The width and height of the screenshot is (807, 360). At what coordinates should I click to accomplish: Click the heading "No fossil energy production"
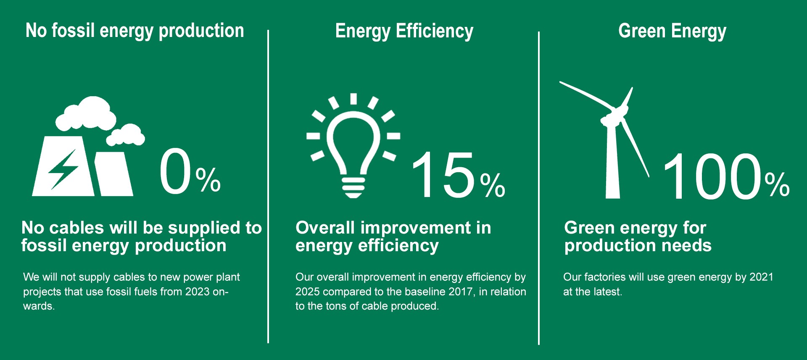tap(135, 31)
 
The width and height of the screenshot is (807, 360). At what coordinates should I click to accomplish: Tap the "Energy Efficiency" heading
tap(404, 31)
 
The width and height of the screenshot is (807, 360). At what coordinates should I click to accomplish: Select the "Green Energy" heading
tap(672, 31)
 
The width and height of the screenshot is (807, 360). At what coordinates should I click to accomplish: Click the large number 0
tap(175, 171)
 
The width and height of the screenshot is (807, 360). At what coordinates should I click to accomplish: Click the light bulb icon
tap(353, 145)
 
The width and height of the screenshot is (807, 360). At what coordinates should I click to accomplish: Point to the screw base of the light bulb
tap(353, 187)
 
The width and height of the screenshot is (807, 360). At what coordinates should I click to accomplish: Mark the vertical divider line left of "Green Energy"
tap(538, 188)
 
